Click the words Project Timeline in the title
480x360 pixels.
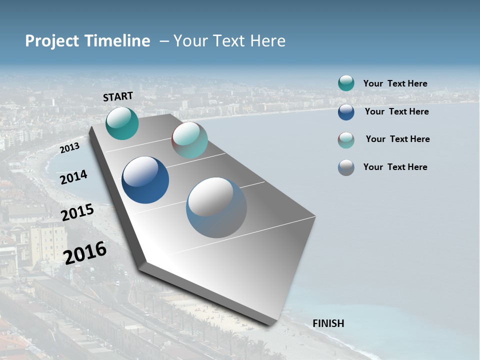(x=87, y=41)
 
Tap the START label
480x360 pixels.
(x=118, y=96)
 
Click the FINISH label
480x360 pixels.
(x=328, y=323)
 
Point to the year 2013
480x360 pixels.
(x=69, y=148)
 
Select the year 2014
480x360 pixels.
(x=73, y=177)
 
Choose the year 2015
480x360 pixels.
(x=77, y=212)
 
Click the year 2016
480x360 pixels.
(x=85, y=253)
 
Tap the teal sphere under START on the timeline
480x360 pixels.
(x=122, y=123)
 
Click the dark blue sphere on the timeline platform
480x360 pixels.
(x=145, y=180)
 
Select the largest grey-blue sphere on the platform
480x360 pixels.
(x=216, y=207)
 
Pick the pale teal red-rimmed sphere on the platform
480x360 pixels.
(x=189, y=140)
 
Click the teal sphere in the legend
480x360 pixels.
(x=346, y=83)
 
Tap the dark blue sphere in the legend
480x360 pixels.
(x=346, y=112)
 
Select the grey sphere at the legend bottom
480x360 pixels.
(x=346, y=167)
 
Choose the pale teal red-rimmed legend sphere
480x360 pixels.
(x=346, y=140)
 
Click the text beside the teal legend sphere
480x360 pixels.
(x=395, y=83)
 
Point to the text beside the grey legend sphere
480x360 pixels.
(x=395, y=167)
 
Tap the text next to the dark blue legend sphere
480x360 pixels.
(x=396, y=111)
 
